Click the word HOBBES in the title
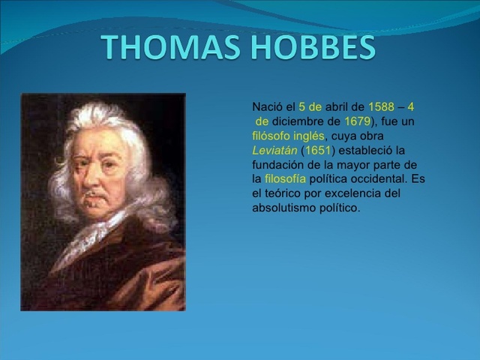313,47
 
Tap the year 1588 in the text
381,107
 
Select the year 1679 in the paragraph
357,121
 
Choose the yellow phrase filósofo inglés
288,136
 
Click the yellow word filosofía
285,178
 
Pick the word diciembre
305,121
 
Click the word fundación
278,164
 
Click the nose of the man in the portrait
97,180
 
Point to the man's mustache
95,196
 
